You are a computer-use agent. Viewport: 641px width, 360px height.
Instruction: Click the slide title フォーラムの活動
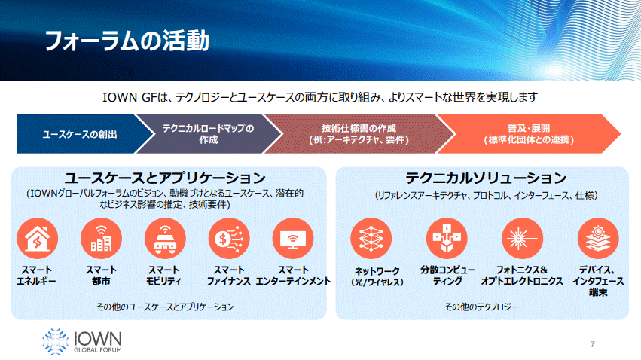(127, 41)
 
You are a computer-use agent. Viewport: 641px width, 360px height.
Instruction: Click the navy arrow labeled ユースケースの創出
(80, 134)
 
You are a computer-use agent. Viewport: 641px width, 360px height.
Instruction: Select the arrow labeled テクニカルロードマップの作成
(209, 134)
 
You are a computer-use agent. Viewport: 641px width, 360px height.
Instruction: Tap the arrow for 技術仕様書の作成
(359, 134)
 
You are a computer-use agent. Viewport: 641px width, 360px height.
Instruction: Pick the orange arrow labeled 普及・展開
(529, 134)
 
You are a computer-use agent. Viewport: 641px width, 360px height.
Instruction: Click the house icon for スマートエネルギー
(37, 239)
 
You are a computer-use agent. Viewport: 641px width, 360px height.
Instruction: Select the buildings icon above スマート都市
(102, 239)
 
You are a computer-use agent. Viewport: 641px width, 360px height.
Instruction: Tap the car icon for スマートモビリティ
(165, 239)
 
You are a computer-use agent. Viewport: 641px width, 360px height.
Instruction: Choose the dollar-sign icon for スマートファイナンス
(229, 239)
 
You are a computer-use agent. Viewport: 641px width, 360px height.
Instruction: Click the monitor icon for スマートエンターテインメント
(293, 239)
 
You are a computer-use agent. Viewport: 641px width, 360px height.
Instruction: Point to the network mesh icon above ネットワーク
(371, 239)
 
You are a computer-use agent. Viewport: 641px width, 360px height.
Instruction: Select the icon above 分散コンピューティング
(447, 239)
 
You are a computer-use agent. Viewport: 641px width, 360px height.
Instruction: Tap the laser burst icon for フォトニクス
(523, 239)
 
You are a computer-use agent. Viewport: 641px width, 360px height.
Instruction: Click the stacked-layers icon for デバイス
(598, 239)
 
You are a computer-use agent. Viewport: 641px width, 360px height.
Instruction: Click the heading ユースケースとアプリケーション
(165, 178)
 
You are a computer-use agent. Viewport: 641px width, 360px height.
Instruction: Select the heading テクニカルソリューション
(486, 178)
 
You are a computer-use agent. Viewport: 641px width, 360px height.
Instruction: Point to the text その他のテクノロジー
(481, 307)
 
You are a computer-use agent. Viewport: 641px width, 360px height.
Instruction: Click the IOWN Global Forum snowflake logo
(55, 341)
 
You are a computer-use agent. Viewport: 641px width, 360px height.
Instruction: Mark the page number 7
(592, 344)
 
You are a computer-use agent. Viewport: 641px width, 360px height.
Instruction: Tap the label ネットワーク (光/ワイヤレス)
(377, 276)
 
